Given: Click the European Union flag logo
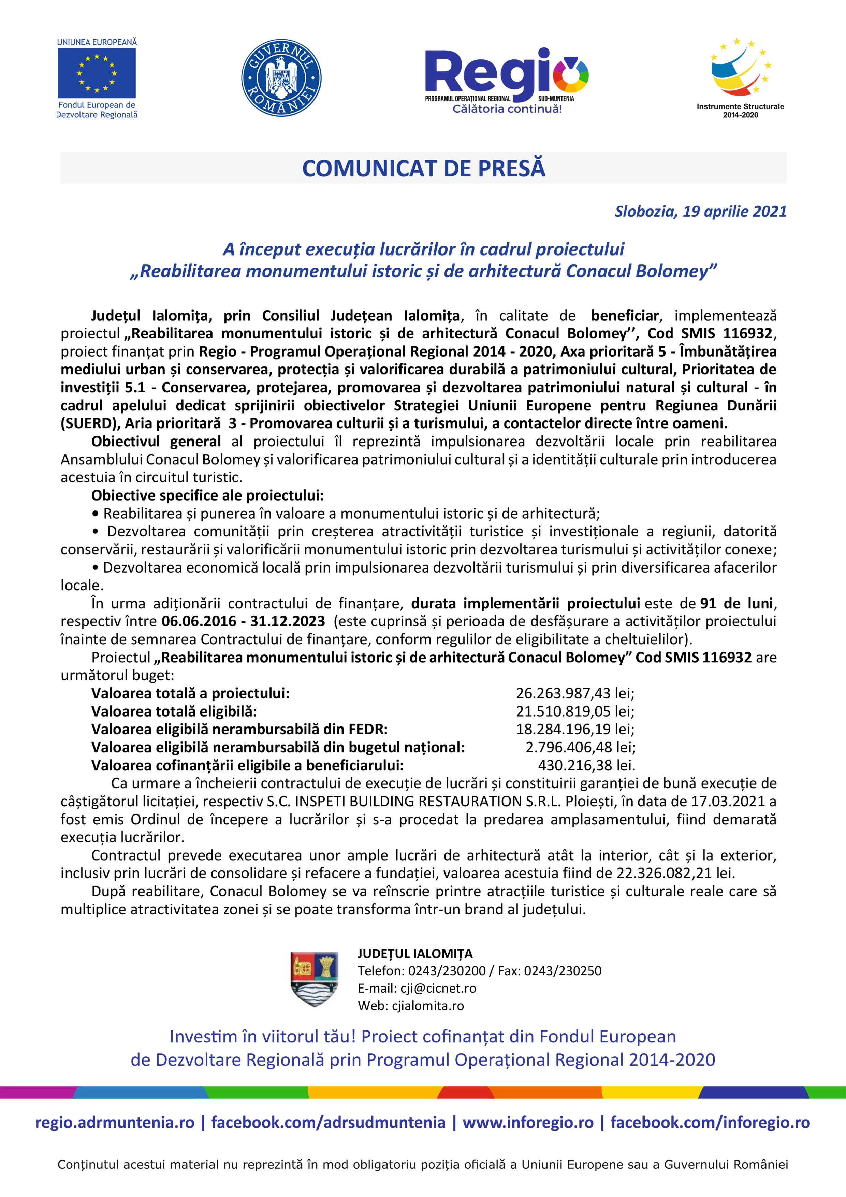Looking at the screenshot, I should point(97,73).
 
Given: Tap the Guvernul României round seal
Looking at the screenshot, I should point(281,78).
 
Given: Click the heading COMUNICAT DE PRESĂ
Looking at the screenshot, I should point(423,169).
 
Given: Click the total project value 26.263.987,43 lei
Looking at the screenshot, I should point(574,693).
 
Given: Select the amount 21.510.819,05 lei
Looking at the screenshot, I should point(574,711).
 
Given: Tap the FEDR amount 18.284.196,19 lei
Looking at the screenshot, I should point(574,729).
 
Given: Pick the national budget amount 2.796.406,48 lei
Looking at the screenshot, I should point(580,747).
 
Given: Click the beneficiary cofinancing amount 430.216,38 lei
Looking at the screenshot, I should point(586,765).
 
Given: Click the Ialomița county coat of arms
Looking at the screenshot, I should point(314,979).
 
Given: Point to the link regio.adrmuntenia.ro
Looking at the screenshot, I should point(115,1123).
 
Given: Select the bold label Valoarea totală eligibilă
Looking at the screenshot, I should point(174,711).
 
